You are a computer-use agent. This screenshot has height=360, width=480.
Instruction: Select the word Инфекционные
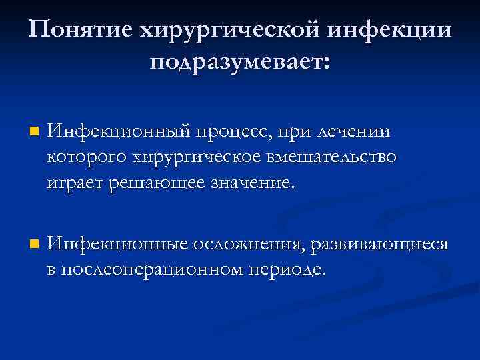pyautogui.click(x=119, y=244)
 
